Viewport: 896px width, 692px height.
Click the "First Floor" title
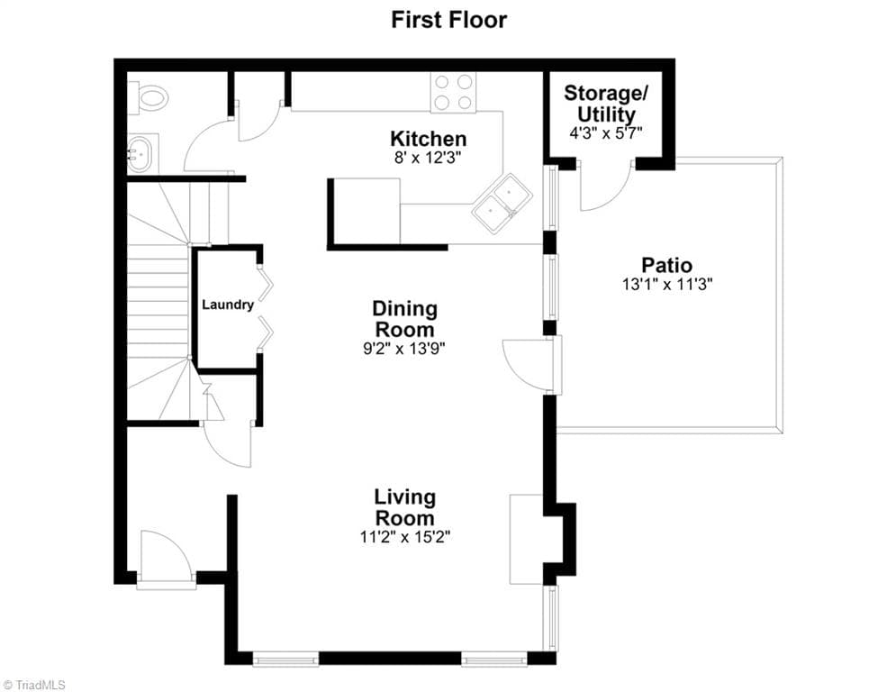click(448, 20)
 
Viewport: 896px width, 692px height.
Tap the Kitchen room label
click(428, 139)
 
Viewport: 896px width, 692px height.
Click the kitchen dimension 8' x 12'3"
click(428, 158)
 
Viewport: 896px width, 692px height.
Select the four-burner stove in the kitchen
click(453, 92)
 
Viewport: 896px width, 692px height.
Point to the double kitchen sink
click(502, 203)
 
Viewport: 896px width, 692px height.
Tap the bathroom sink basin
click(140, 152)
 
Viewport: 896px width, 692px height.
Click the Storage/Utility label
click(606, 104)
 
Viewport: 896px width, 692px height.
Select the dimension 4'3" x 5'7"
click(606, 133)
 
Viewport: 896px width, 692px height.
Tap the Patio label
click(667, 265)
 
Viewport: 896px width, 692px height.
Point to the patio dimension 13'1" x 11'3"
click(667, 284)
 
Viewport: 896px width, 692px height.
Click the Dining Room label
click(404, 319)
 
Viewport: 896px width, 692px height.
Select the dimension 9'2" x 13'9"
click(404, 349)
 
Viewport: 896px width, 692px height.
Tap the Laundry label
click(228, 305)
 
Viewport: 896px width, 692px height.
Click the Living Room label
click(404, 507)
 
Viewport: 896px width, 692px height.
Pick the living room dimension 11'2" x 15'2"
click(404, 537)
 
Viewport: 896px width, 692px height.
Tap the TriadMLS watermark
click(33, 685)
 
